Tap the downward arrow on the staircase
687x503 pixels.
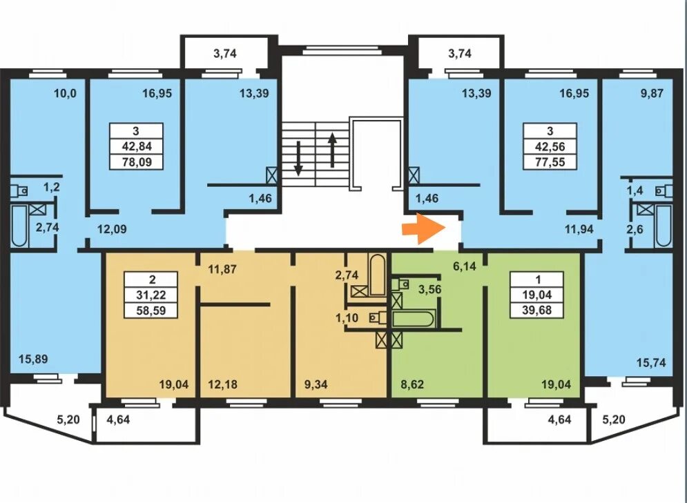(298, 158)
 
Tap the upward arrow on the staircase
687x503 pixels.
(333, 150)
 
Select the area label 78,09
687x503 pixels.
(137, 162)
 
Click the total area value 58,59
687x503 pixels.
(151, 310)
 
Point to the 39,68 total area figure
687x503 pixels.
(536, 310)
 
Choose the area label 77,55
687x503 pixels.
(550, 162)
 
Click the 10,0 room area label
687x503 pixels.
(65, 93)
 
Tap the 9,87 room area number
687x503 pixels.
(652, 93)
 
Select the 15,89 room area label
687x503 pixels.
(33, 359)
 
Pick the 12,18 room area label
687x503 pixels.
(222, 384)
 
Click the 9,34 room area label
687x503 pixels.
(316, 384)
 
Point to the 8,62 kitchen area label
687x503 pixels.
(412, 384)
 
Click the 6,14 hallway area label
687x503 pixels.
(465, 266)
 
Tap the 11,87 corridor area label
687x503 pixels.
(222, 269)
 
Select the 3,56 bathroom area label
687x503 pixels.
(430, 289)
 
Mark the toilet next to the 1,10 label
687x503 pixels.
(377, 318)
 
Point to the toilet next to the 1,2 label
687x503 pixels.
(19, 191)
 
